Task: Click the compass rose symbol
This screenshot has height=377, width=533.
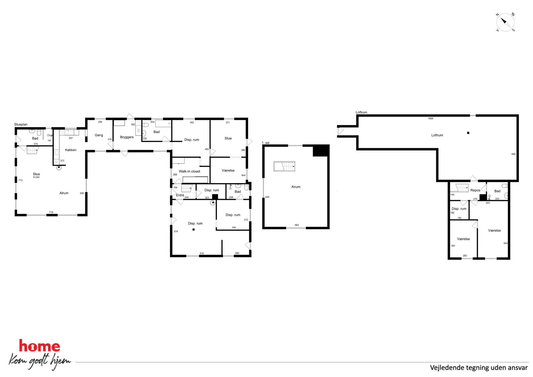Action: [505, 22]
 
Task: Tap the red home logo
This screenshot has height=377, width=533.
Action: [39, 346]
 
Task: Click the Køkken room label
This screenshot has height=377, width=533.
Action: [71, 150]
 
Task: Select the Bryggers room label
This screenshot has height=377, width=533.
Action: [127, 137]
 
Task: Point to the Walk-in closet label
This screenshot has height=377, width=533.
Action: [189, 171]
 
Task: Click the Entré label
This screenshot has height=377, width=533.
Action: [180, 195]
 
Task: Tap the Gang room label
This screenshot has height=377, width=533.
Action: [99, 135]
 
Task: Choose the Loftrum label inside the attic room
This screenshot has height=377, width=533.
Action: [437, 135]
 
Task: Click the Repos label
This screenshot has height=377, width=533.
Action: [475, 190]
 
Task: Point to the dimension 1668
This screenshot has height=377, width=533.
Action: [430, 119]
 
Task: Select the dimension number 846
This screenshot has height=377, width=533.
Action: [267, 197]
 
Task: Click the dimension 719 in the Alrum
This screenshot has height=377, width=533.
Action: [51, 212]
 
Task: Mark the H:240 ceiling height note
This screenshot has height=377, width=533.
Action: [36, 177]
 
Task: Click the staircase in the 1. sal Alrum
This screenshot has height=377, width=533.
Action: [284, 166]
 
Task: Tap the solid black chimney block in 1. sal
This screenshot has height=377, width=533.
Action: [321, 150]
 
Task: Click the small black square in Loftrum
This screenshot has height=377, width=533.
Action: [468, 133]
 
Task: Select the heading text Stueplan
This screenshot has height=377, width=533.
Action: [21, 124]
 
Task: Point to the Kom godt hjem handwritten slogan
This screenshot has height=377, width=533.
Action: [40, 361]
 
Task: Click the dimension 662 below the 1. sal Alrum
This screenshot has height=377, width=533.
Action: [297, 225]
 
